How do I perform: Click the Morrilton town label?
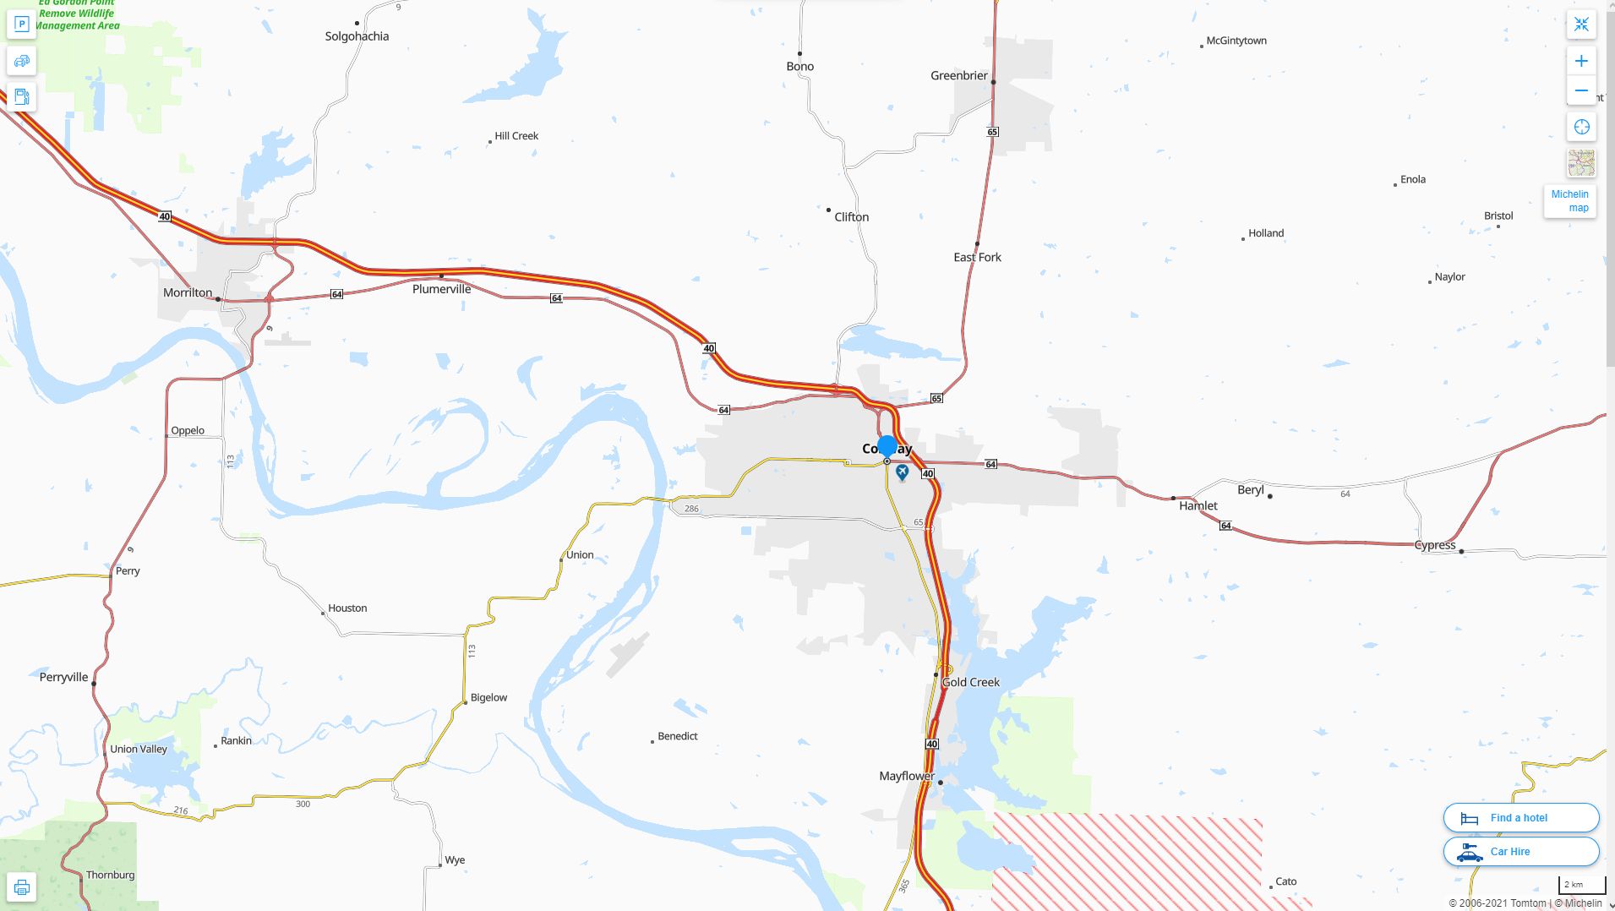188,292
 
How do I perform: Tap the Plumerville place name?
441,289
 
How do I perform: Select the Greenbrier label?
958,75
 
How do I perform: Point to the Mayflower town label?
906,776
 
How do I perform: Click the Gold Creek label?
970,682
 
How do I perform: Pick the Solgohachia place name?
357,36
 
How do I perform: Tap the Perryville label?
63,677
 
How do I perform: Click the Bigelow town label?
488,697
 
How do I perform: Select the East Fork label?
977,257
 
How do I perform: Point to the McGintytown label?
1236,41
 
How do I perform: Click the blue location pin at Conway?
887,446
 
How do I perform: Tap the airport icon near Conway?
902,472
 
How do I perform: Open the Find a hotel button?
1520,817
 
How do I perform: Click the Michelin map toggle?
1569,201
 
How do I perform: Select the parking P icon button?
22,24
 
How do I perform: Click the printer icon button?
22,886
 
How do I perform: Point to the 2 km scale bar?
1580,886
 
